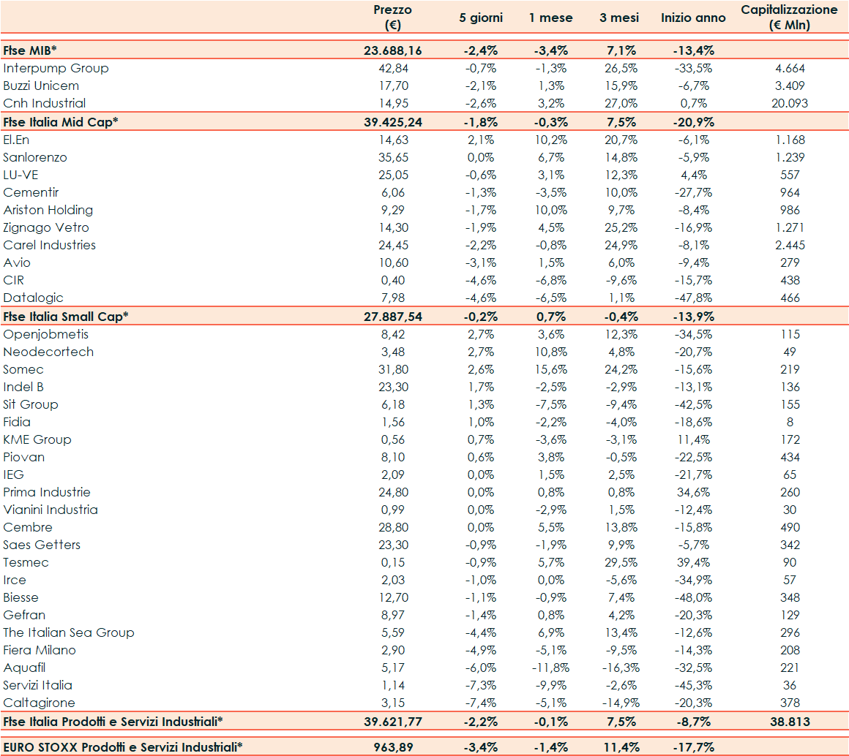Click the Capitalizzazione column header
pyautogui.click(x=789, y=18)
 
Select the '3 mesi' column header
pyautogui.click(x=619, y=18)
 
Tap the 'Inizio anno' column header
pyautogui.click(x=693, y=18)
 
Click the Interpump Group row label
pyautogui.click(x=56, y=68)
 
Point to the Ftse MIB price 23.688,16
pyautogui.click(x=392, y=50)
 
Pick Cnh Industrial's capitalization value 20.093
pyautogui.click(x=789, y=103)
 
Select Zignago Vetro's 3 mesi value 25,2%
pyautogui.click(x=619, y=227)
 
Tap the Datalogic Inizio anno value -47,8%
pyautogui.click(x=693, y=298)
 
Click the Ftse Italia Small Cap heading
pyautogui.click(x=66, y=316)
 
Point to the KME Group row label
pyautogui.click(x=37, y=439)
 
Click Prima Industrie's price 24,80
pyautogui.click(x=392, y=492)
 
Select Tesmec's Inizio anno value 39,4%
pyautogui.click(x=693, y=562)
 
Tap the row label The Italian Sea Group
pyautogui.click(x=69, y=632)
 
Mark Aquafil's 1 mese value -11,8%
pyautogui.click(x=551, y=668)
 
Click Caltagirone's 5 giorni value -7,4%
pyautogui.click(x=481, y=703)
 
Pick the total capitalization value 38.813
pyautogui.click(x=789, y=722)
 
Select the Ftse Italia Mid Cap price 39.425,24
pyautogui.click(x=392, y=121)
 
